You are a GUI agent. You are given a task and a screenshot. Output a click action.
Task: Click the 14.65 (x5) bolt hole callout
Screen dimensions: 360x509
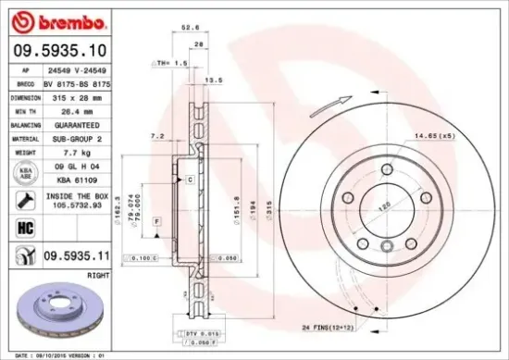tap(460, 137)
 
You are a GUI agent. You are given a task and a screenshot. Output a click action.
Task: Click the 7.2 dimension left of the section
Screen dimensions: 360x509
tap(157, 136)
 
